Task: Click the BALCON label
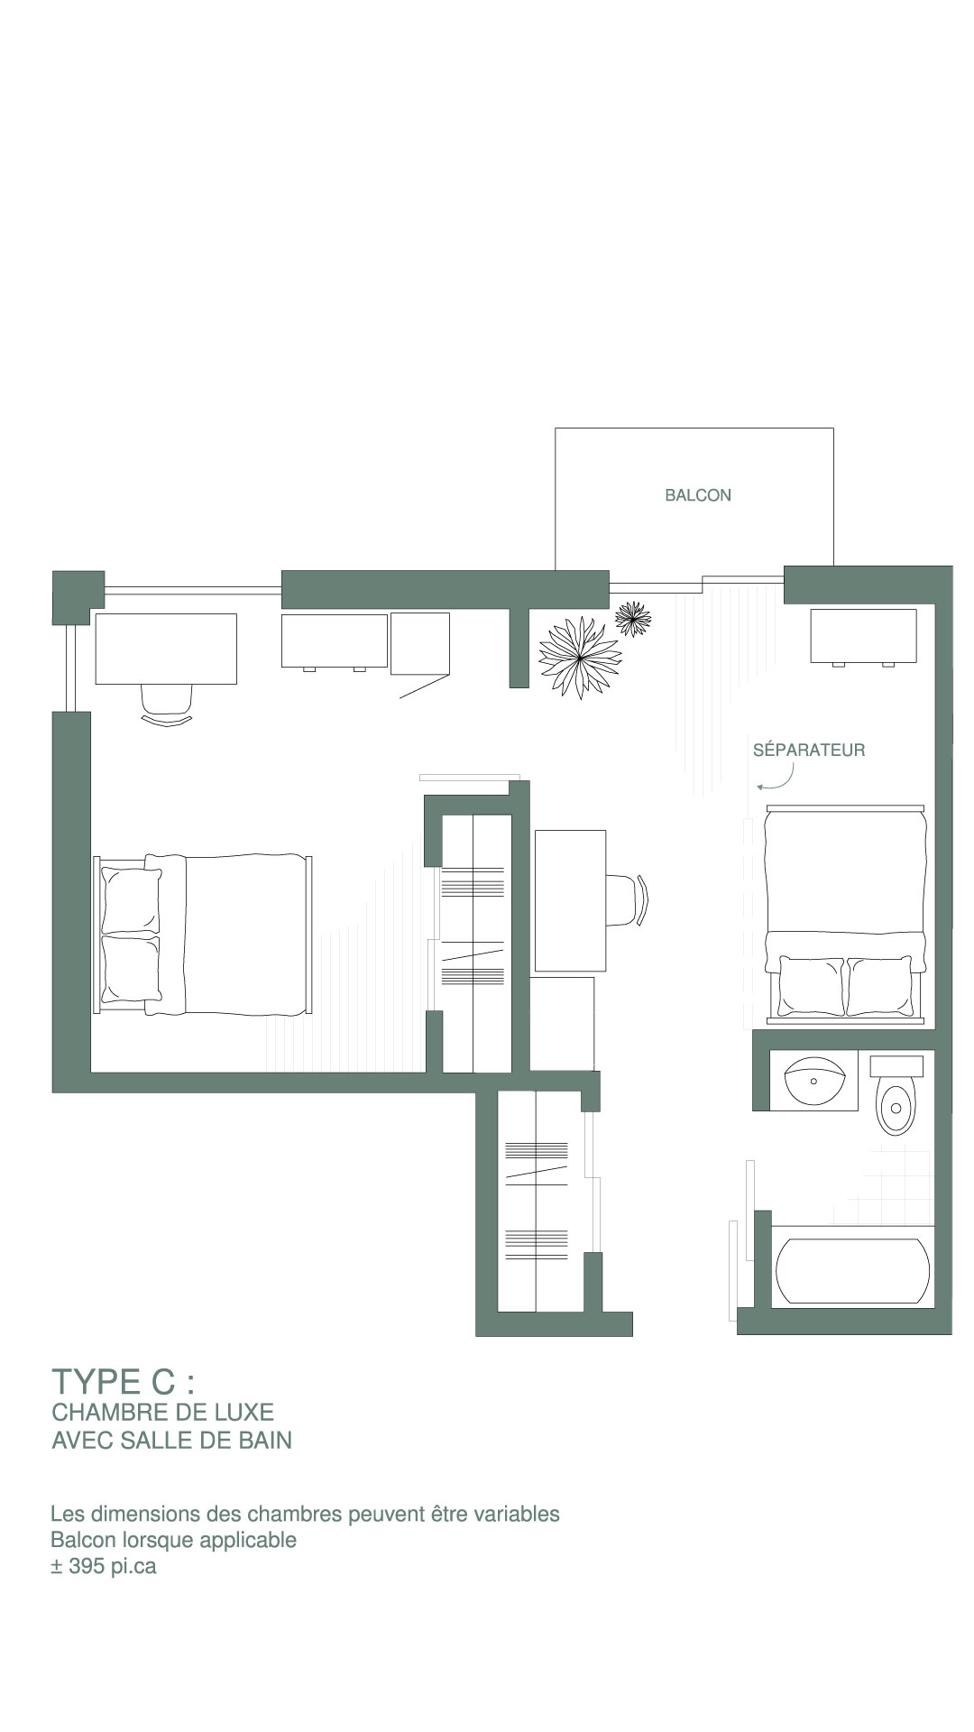698,495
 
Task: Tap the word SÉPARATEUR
809,750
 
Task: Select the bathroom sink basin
814,1079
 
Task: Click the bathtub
852,1272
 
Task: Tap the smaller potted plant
633,619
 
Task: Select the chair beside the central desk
628,899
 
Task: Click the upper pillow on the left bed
132,900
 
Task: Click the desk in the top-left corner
166,649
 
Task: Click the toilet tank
896,1065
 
